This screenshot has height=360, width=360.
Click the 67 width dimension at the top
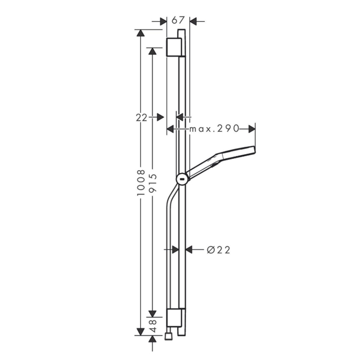pyautogui.click(x=178, y=20)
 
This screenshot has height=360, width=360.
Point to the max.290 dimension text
pyautogui.click(x=214, y=129)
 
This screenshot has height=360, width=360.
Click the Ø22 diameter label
pyautogui.click(x=218, y=250)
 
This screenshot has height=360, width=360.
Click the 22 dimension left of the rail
pyautogui.click(x=142, y=117)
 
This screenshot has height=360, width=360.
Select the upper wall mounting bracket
pyautogui.click(x=174, y=48)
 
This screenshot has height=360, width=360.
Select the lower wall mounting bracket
pyautogui.click(x=174, y=319)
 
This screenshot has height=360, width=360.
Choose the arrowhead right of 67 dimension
pyautogui.click(x=194, y=21)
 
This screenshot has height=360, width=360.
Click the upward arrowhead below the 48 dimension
pyautogui.click(x=152, y=340)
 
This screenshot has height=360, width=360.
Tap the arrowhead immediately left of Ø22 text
pyautogui.click(x=189, y=250)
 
